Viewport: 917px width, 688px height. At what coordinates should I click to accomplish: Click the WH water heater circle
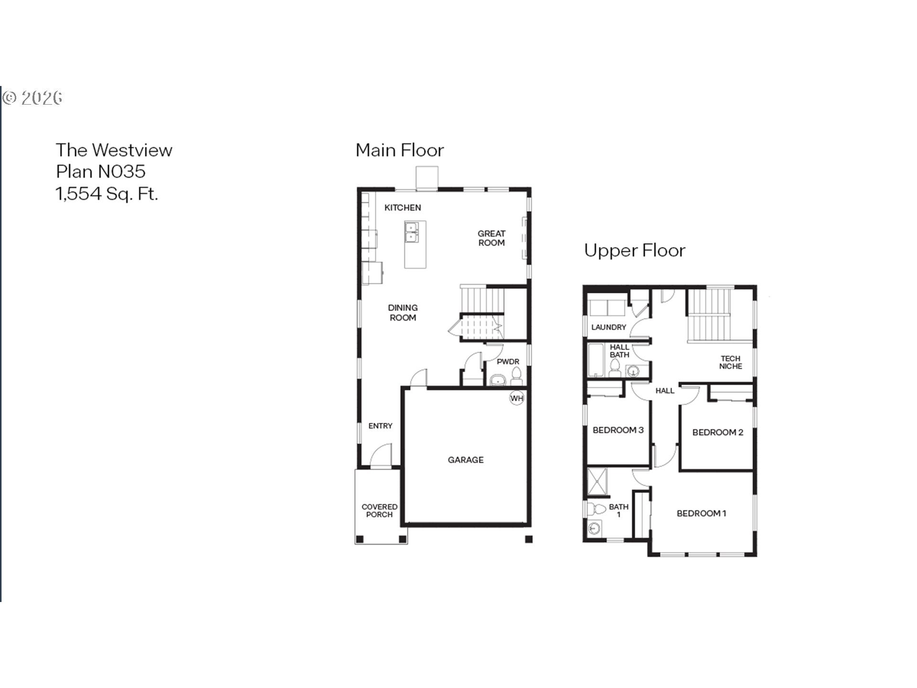[x=517, y=398]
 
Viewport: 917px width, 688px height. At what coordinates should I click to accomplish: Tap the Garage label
[x=466, y=460]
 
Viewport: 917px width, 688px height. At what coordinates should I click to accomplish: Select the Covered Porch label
[x=380, y=510]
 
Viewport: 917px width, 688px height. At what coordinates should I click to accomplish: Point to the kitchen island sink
[x=411, y=232]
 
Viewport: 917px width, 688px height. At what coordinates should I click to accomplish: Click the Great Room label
[x=491, y=238]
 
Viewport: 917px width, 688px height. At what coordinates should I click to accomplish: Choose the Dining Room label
[x=403, y=312]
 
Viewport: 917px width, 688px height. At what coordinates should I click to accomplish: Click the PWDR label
[x=508, y=362]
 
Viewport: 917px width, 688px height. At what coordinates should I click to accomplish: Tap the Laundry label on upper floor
[x=608, y=327]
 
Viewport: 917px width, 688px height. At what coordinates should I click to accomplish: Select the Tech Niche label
[x=731, y=362]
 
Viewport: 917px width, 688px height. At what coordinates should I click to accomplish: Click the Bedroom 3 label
[x=618, y=430]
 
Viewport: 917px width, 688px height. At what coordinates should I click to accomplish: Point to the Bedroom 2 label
[x=718, y=432]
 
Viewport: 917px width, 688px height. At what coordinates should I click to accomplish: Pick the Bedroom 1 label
[x=702, y=514]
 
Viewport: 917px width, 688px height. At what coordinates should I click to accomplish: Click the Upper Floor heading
[x=635, y=251]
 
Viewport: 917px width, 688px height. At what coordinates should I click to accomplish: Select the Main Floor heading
[x=400, y=150]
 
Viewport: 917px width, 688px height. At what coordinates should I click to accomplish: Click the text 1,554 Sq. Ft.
[x=107, y=194]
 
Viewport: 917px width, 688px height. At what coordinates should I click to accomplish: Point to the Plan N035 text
[x=101, y=172]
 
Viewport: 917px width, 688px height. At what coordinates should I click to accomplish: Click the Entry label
[x=380, y=426]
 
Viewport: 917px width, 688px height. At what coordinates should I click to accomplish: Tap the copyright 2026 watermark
[x=32, y=98]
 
